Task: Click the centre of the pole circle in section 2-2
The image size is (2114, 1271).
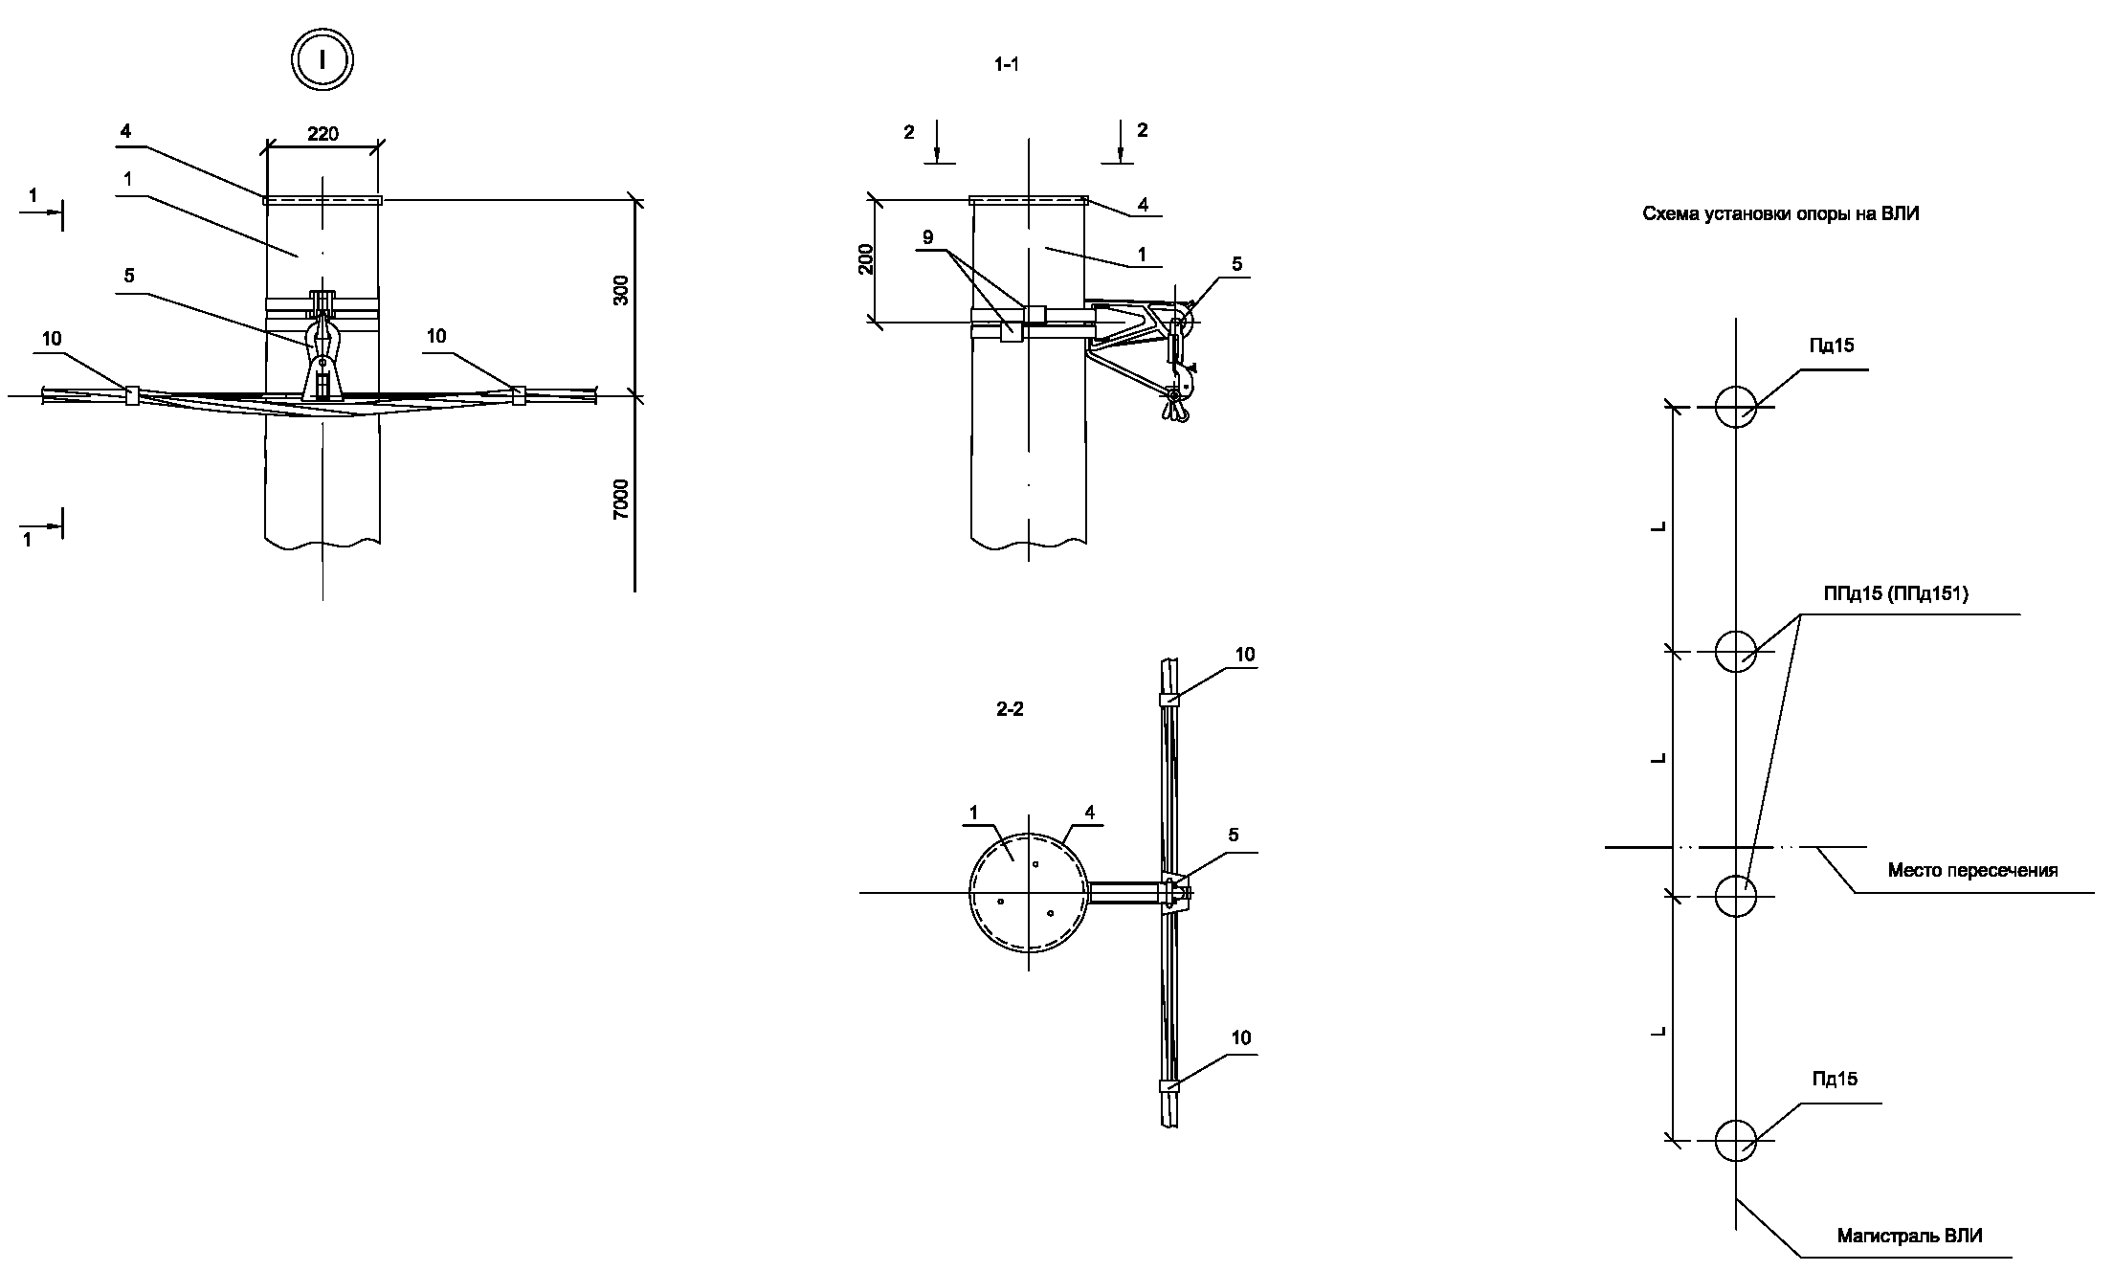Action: pyautogui.click(x=1029, y=893)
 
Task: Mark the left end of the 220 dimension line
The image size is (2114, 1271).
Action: pyautogui.click(x=266, y=146)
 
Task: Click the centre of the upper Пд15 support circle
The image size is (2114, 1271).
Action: pyautogui.click(x=1735, y=407)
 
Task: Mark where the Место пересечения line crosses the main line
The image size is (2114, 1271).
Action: pyautogui.click(x=1735, y=847)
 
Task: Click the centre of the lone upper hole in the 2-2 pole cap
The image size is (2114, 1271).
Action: pyautogui.click(x=1035, y=864)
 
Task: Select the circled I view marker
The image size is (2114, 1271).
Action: pyautogui.click(x=323, y=60)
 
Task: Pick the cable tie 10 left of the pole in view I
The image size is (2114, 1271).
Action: pyautogui.click(x=132, y=395)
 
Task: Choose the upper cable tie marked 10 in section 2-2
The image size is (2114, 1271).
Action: pyautogui.click(x=1168, y=700)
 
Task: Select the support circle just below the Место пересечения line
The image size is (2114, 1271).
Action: pyautogui.click(x=1735, y=896)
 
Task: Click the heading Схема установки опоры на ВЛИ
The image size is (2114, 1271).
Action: pyautogui.click(x=1781, y=214)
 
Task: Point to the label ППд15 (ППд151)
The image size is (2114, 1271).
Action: pyautogui.click(x=1896, y=594)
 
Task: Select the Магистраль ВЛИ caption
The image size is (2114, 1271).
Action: pyautogui.click(x=1909, y=1236)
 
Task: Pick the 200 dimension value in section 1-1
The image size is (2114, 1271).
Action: pyautogui.click(x=866, y=260)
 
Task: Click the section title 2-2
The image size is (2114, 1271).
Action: pyautogui.click(x=1010, y=710)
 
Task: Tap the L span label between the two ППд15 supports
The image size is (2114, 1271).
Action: pyautogui.click(x=1660, y=759)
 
